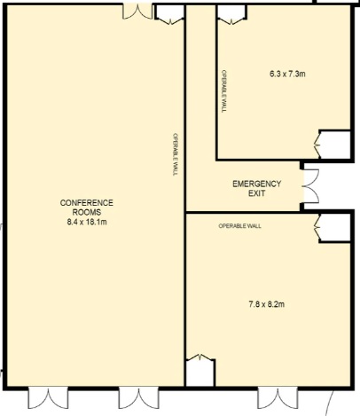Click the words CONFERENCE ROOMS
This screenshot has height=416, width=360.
point(87,208)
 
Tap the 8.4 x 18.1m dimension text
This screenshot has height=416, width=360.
point(87,222)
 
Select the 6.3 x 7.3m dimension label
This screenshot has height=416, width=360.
point(287,74)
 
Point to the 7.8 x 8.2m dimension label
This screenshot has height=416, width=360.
point(267,304)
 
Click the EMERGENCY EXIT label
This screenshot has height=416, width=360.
point(256,189)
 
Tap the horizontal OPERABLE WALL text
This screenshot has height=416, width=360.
point(239,226)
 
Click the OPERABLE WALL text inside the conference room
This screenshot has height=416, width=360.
point(176,154)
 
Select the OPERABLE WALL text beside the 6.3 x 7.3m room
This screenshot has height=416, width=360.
point(224,91)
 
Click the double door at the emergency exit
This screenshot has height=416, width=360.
point(310,186)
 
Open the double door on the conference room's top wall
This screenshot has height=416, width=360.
point(137,12)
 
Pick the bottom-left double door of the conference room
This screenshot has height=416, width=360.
point(48,397)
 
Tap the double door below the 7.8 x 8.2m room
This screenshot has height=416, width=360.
point(278,397)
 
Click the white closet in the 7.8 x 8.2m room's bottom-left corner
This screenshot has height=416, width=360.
point(200,373)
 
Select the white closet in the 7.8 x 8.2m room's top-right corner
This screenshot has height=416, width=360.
point(334,227)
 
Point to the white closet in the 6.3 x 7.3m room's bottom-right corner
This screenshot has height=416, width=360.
point(334,145)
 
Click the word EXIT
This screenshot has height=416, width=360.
point(256,193)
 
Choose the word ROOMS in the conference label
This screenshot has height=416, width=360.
point(87,213)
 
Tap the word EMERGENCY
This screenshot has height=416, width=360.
point(256,184)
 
